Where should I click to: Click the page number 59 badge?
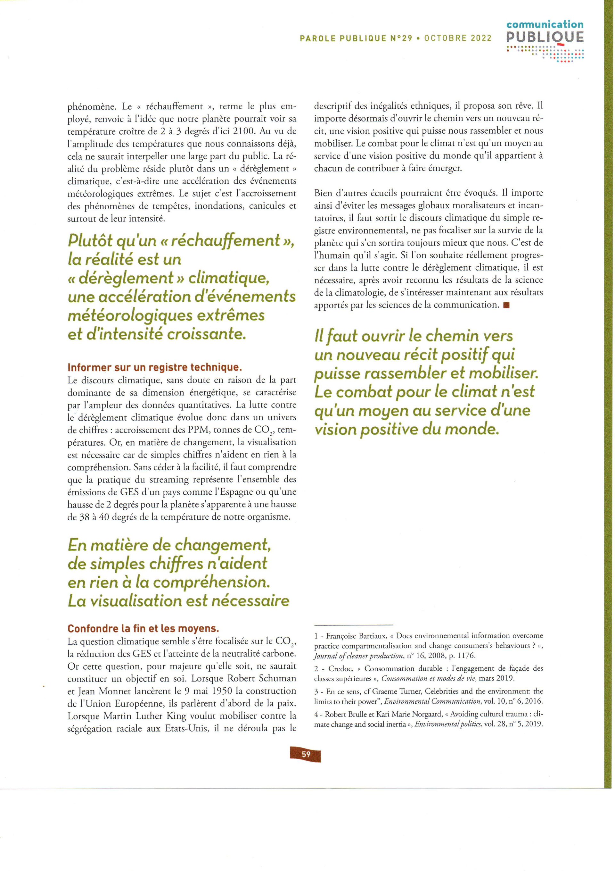point(306,755)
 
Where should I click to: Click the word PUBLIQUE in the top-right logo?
point(545,37)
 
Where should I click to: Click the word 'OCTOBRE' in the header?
point(446,38)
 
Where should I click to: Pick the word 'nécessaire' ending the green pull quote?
point(250,600)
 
